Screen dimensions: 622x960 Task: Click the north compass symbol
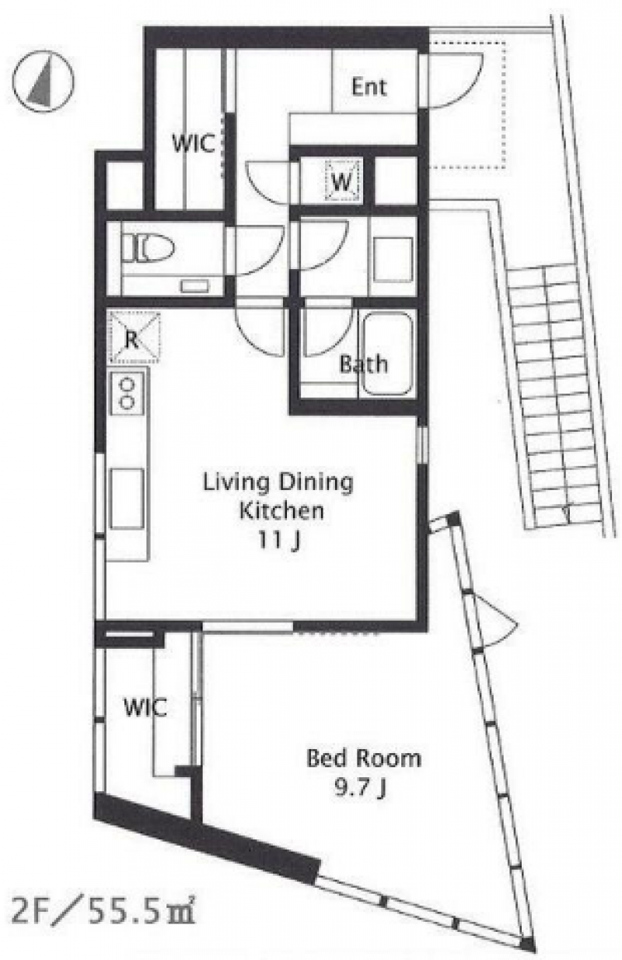pyautogui.click(x=43, y=82)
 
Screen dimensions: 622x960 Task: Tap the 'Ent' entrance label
pyautogui.click(x=369, y=87)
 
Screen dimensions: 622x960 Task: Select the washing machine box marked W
pyautogui.click(x=343, y=180)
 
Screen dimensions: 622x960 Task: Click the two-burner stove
pyautogui.click(x=127, y=392)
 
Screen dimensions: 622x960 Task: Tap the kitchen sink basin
pyautogui.click(x=127, y=499)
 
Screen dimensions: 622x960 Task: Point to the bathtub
pyautogui.click(x=388, y=355)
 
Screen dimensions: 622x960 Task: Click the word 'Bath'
pyautogui.click(x=364, y=364)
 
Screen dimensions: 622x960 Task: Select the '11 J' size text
pyautogui.click(x=278, y=541)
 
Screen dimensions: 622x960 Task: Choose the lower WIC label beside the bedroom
pyautogui.click(x=145, y=707)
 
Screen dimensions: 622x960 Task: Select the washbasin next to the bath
pyautogui.click(x=393, y=259)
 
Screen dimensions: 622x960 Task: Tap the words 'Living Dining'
pyautogui.click(x=278, y=483)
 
